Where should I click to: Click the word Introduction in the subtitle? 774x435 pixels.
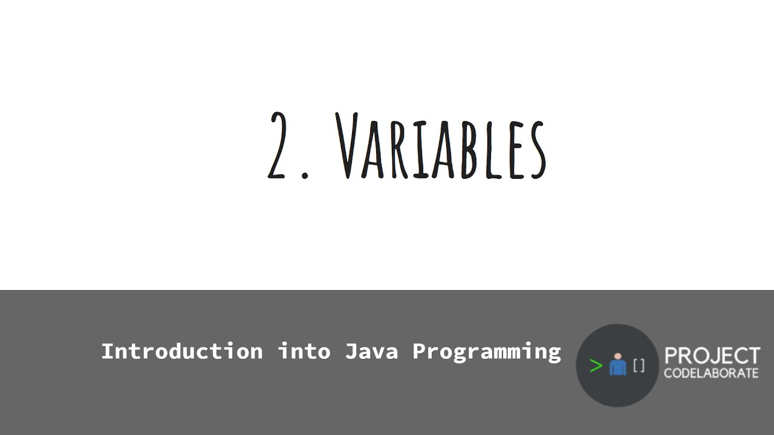pos(181,351)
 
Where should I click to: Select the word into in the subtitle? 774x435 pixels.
pos(304,351)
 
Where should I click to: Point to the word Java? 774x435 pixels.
pos(371,351)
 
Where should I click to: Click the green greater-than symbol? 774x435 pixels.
pos(596,366)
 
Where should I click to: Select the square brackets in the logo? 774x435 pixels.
pos(639,365)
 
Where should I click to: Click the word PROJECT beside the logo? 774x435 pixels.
pos(712,356)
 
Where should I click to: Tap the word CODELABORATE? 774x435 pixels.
pos(711,373)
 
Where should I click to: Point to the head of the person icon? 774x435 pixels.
pos(617,356)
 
